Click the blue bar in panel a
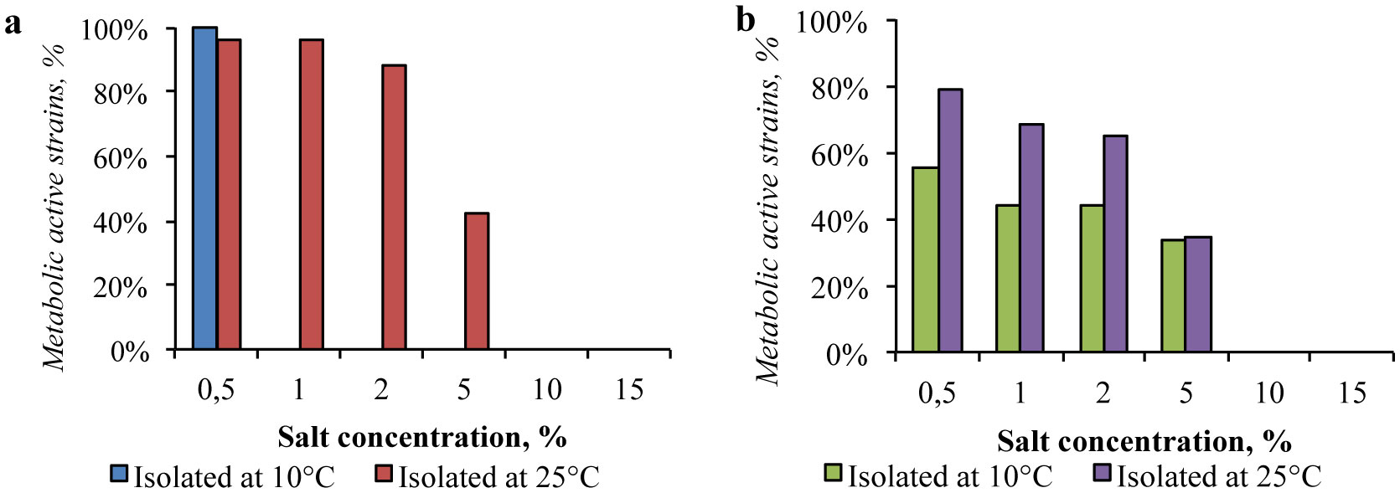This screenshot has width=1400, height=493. click(204, 188)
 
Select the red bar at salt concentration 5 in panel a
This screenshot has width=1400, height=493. click(476, 281)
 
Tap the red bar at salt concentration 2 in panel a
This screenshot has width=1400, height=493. click(394, 207)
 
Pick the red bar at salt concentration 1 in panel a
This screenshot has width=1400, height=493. click(311, 194)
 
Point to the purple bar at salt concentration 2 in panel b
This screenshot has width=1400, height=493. click(1115, 244)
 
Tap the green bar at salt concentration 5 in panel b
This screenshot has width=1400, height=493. click(1173, 295)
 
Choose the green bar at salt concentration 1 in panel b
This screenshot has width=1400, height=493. click(1008, 278)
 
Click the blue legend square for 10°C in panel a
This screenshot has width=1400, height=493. click(119, 475)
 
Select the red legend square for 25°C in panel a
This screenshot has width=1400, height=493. click(384, 475)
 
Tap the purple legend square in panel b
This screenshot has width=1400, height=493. click(1102, 474)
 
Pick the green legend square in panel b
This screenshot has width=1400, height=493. click(833, 474)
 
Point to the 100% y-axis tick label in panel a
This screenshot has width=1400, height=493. click(115, 30)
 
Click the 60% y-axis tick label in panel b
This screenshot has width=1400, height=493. click(839, 155)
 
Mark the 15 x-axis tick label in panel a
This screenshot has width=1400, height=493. click(628, 389)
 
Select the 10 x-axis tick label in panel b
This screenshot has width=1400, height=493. click(1268, 393)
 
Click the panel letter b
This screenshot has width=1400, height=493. click(745, 19)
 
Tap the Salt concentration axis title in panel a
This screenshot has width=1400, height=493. click(421, 436)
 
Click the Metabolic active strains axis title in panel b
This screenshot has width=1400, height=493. click(767, 209)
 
